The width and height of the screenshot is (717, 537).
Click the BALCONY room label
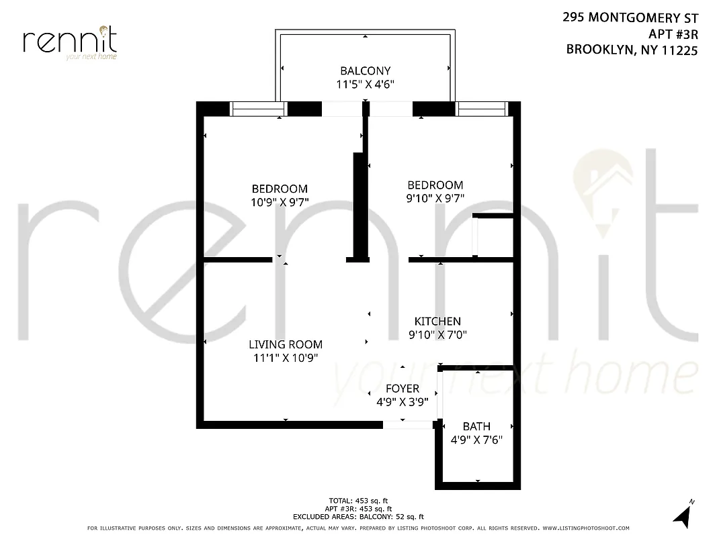tap(365, 70)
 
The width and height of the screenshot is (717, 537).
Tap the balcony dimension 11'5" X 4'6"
tap(365, 84)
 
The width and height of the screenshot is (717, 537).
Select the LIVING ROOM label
tap(286, 344)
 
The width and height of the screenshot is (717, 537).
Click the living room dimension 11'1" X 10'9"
tap(286, 358)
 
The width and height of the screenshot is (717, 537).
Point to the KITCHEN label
tap(437, 322)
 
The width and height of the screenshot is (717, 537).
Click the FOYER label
tap(403, 389)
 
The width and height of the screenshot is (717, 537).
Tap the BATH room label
tap(476, 426)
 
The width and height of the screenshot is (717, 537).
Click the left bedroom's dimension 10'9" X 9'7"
tap(280, 202)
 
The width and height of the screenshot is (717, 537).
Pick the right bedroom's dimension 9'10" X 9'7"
tap(435, 198)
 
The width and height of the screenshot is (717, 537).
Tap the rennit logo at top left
tap(70, 42)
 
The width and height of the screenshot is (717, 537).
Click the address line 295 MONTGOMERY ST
tap(630, 18)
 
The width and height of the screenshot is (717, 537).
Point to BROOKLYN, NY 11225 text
tap(632, 49)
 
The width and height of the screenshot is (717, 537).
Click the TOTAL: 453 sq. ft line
tap(358, 501)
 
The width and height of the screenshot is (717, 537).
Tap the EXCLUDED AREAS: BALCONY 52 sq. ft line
tap(358, 517)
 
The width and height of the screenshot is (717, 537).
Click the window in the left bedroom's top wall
tap(259, 109)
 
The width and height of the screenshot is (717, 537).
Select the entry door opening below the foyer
tap(408, 425)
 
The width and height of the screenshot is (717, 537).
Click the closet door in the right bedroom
tap(474, 236)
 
